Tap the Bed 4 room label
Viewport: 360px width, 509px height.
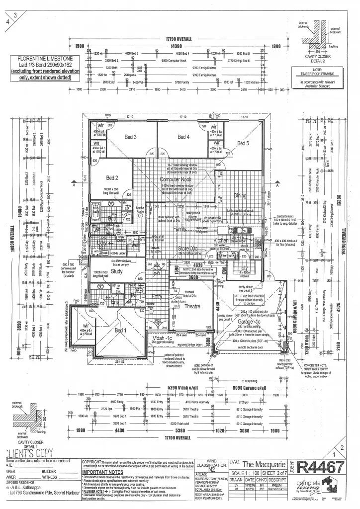point(184,137)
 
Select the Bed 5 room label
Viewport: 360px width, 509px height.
point(243,143)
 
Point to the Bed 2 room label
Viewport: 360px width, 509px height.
point(112,178)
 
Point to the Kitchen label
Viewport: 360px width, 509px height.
point(221,240)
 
